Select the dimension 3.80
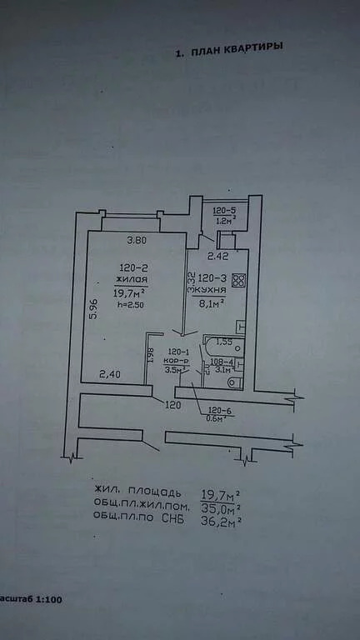point(137,242)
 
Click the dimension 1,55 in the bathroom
point(223,342)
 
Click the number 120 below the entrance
point(172,405)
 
